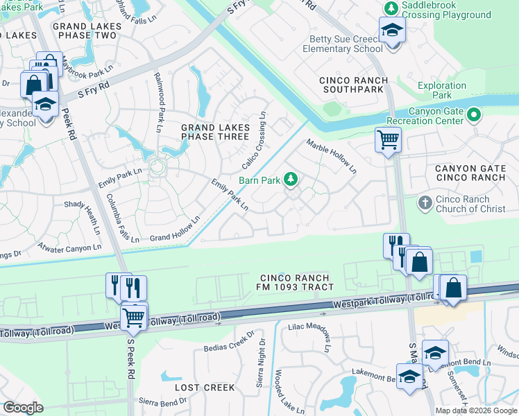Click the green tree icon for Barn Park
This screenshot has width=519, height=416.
291,180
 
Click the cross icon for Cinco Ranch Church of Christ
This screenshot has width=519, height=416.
425,203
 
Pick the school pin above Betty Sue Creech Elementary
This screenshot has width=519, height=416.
392,31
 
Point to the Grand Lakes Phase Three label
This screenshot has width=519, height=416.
214,132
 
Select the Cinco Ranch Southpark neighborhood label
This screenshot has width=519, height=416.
353,85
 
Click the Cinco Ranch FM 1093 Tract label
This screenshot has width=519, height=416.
292,282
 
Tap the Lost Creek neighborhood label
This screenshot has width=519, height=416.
205,388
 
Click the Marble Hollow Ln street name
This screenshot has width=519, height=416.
332,156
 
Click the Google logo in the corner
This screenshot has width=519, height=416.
23,408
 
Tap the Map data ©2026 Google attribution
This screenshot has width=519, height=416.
475,410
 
